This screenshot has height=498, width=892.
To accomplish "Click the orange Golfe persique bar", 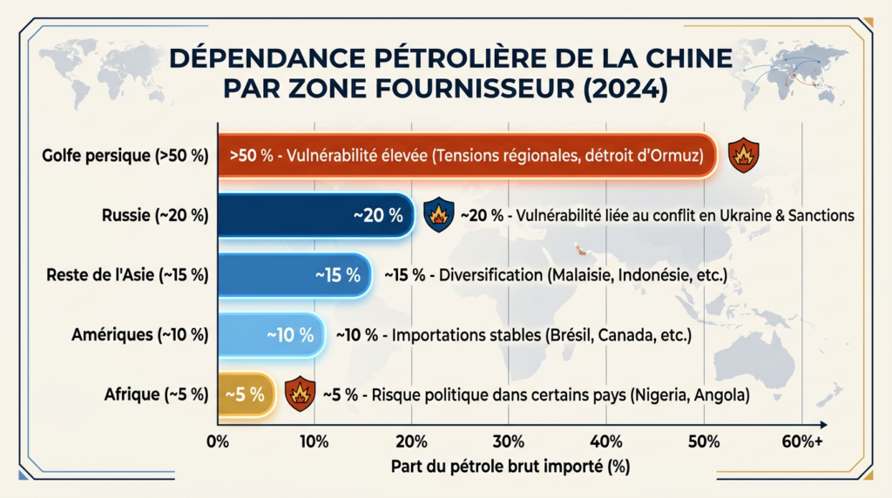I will point(466,157).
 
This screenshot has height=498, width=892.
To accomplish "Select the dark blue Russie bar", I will point(314,215).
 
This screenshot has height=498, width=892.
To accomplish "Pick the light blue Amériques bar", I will point(270,334).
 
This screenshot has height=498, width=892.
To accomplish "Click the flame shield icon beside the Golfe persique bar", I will point(743,156).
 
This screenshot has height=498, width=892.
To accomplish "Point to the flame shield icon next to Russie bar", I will point(437,215).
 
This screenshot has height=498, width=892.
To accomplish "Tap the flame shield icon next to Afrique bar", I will point(300,394).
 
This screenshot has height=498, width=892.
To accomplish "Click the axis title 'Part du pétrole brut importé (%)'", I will point(510,467).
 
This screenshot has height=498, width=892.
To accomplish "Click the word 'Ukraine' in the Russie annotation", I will point(738,215).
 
